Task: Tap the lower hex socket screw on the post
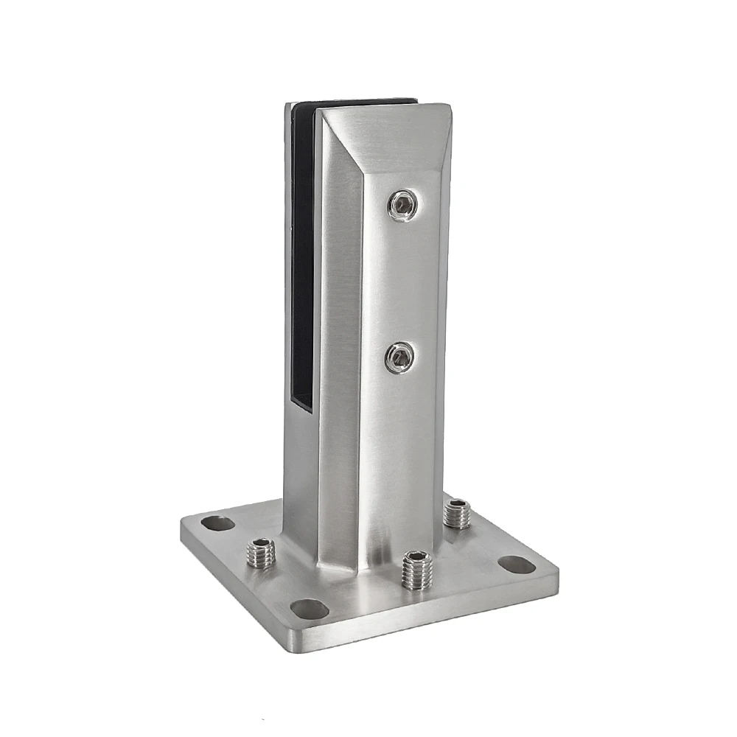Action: pyautogui.click(x=399, y=357)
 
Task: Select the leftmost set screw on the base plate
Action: pyautogui.click(x=261, y=553)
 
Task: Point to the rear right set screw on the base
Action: pyautogui.click(x=457, y=513)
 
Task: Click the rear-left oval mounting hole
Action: pyautogui.click(x=217, y=524)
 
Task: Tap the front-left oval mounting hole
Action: pyautogui.click(x=310, y=609)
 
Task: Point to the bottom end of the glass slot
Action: pyautogui.click(x=301, y=405)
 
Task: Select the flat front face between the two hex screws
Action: pyautogui.click(x=402, y=280)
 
